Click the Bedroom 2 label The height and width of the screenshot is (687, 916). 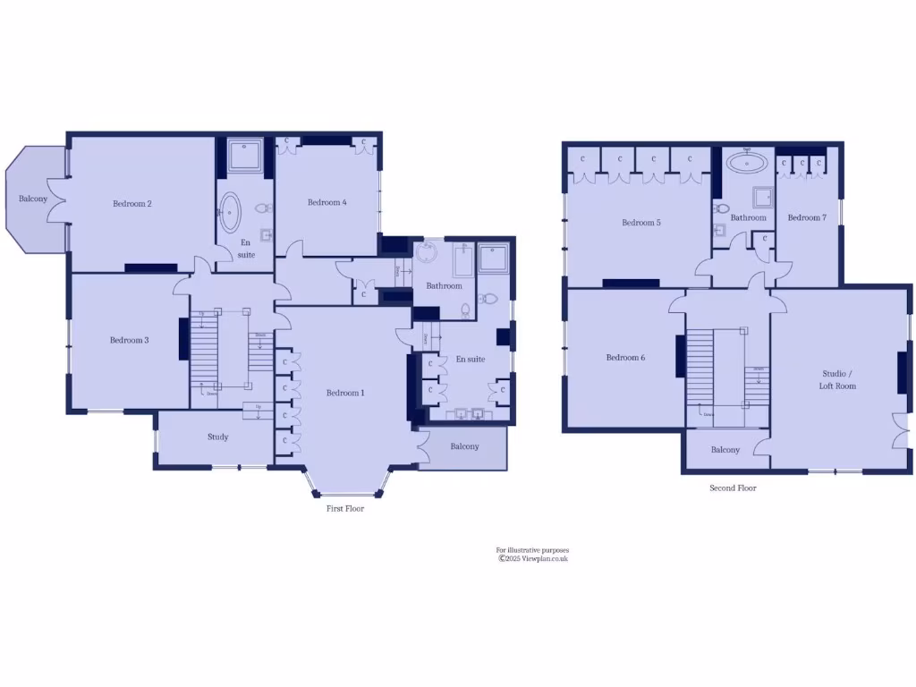131,204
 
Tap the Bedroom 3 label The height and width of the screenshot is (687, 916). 129,340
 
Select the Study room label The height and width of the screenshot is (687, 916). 217,437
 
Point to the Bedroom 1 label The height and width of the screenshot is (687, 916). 345,393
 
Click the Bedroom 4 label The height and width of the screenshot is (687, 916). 327,202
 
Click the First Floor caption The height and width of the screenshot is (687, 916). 345,508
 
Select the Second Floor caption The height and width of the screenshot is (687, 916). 733,488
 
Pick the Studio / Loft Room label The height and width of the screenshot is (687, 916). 838,379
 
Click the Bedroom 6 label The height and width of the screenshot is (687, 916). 625,358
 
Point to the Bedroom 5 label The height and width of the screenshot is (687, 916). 641,223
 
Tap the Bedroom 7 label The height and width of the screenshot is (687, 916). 807,217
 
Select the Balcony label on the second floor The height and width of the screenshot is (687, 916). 725,450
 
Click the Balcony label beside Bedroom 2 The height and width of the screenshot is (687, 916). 33,199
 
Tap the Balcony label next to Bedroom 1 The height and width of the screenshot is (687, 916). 464,446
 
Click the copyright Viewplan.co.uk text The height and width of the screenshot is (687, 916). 533,559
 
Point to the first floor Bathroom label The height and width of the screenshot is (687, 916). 444,286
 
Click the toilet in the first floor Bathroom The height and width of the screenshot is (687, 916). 465,310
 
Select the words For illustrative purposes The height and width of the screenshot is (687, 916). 532,550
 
